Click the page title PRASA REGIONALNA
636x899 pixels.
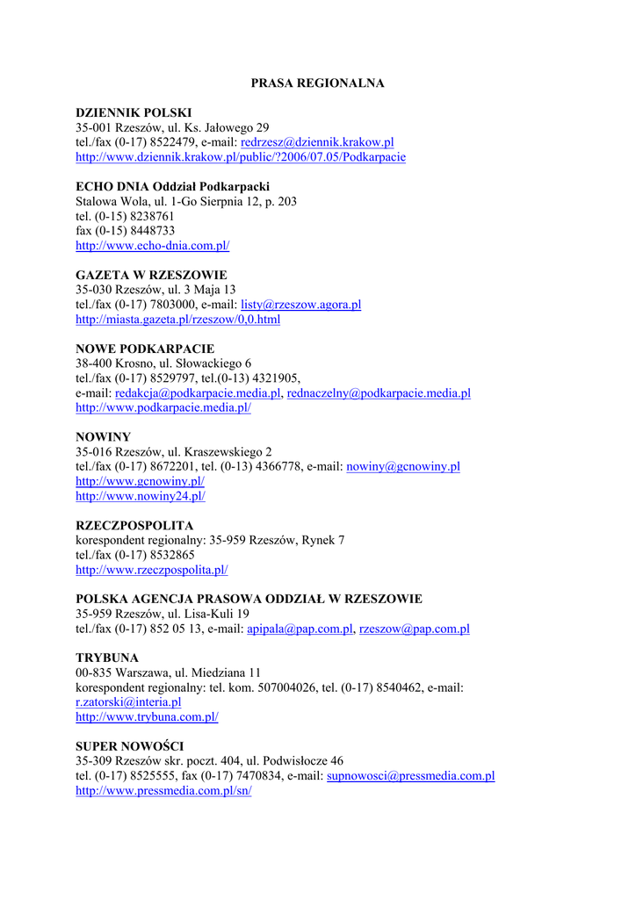tap(317, 83)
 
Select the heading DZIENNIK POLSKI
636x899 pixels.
tap(134, 113)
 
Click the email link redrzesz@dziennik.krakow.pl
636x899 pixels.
tap(317, 142)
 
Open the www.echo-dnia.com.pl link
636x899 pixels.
tap(152, 246)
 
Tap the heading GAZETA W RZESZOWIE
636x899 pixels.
tap(151, 275)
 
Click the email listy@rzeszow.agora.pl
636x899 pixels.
tap(301, 305)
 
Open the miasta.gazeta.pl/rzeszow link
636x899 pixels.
tap(177, 320)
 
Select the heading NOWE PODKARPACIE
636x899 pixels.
tap(145, 349)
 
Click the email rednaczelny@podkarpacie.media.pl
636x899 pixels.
tap(379, 393)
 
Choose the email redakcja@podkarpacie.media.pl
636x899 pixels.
tap(198, 393)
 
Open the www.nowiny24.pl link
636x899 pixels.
tap(141, 496)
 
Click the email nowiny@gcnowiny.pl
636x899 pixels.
tap(403, 467)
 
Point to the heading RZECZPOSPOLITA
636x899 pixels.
tap(134, 526)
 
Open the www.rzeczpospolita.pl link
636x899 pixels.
tap(151, 570)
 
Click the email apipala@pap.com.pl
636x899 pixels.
tap(300, 629)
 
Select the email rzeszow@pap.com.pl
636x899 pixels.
tap(415, 629)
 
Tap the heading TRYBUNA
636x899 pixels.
tap(107, 658)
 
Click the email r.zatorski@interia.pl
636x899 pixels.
tap(128, 702)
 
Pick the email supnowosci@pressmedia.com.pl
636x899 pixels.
tap(410, 776)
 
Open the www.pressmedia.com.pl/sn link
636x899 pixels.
tap(163, 791)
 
